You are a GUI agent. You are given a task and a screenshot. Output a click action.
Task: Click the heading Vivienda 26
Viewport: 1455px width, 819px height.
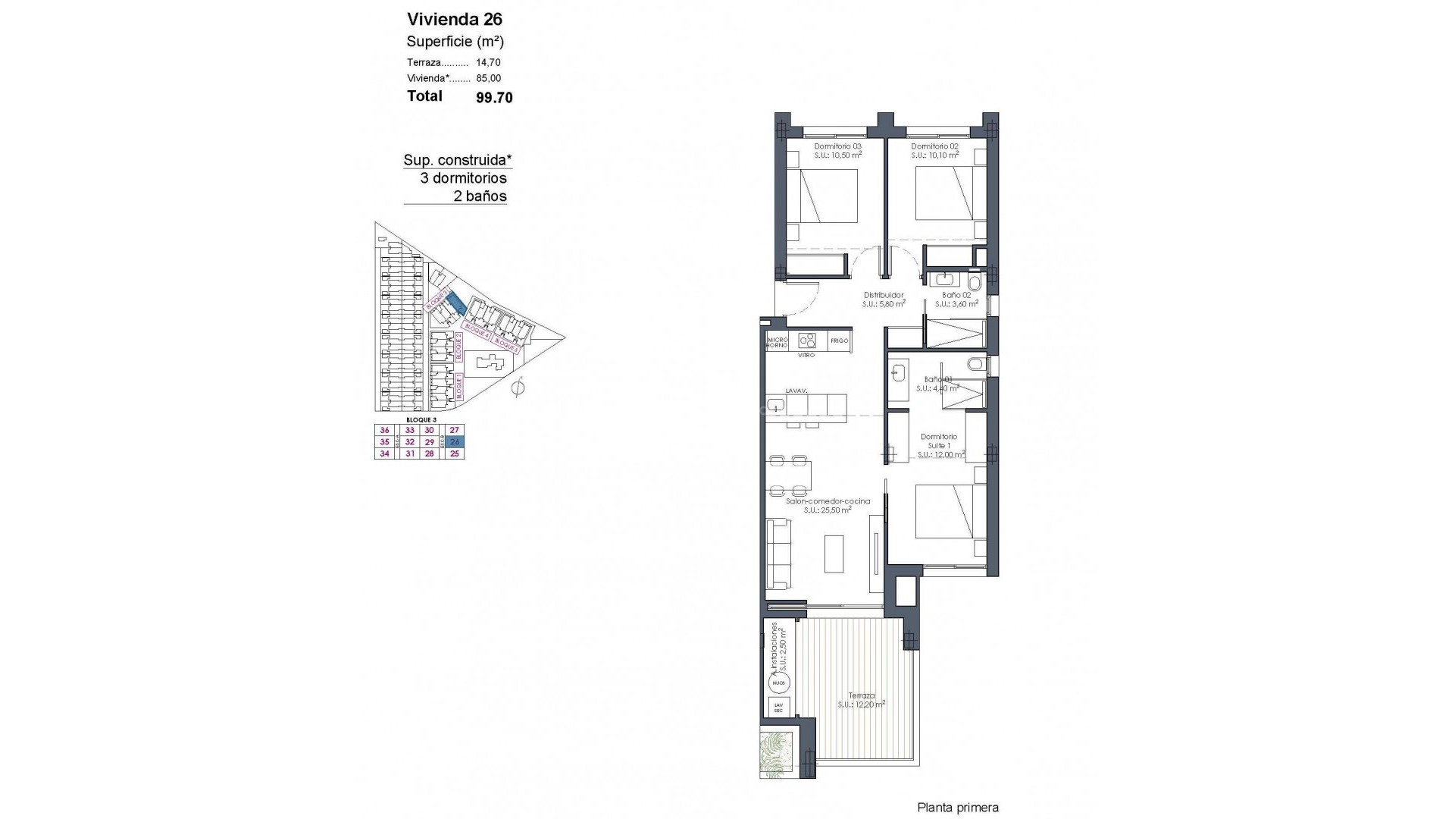455,19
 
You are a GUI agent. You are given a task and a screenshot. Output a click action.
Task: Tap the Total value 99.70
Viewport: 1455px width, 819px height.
494,98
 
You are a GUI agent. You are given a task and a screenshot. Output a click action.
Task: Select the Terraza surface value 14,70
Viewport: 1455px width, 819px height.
488,63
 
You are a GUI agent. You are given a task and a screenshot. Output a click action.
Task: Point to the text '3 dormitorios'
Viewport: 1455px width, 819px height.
463,178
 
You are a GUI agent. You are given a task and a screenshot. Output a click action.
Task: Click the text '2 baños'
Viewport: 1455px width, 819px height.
479,196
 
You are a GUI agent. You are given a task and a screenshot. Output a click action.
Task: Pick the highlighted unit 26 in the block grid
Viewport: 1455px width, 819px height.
455,441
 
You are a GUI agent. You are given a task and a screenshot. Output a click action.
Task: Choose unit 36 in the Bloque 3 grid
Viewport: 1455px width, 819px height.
384,430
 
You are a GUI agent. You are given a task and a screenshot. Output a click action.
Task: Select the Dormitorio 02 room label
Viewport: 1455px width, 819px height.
934,146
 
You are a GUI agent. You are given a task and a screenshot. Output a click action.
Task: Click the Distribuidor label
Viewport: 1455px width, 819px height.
884,295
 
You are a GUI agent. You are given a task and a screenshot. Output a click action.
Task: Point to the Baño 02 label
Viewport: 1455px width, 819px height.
956,295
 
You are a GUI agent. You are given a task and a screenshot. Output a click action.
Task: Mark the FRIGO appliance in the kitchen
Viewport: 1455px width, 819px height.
839,340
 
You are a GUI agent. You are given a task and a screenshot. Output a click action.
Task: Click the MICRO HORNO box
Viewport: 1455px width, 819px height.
777,342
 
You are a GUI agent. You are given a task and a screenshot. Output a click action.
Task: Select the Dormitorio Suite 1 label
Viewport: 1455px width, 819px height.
939,441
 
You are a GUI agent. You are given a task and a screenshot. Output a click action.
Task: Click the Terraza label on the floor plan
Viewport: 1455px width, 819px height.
862,695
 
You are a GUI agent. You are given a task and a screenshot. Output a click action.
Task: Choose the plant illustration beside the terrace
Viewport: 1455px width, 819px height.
779,755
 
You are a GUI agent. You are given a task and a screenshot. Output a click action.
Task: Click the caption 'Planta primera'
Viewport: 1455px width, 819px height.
957,808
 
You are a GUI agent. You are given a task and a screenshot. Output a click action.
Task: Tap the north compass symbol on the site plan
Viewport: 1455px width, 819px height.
518,389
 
